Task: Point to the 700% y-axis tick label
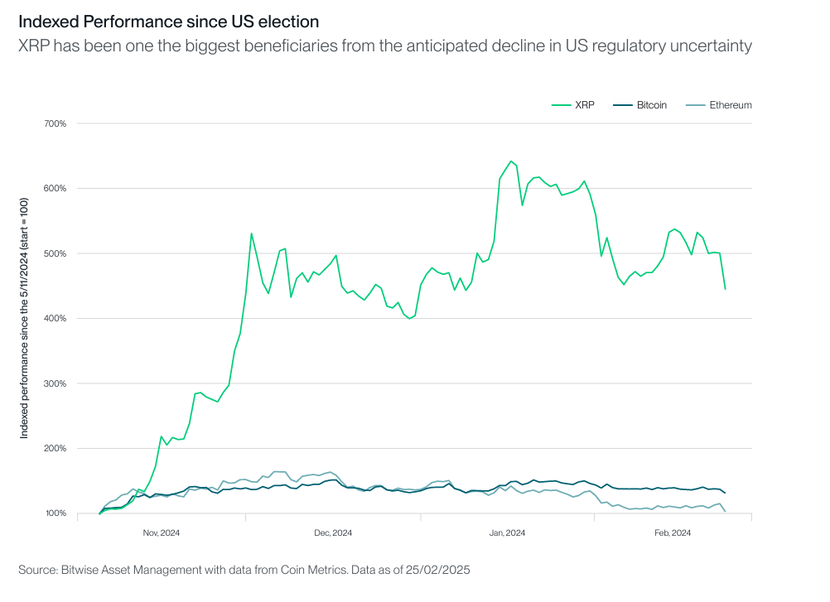[x=55, y=123]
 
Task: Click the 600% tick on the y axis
[x=55, y=188]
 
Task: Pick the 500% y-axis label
[x=55, y=253]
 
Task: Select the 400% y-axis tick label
[x=55, y=319]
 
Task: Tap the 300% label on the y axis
[x=55, y=383]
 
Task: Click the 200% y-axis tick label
[x=55, y=449]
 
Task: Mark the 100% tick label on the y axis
[x=55, y=513]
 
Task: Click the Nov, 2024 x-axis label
[x=162, y=532]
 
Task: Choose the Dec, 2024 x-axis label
[x=334, y=532]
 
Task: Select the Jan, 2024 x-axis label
[x=507, y=532]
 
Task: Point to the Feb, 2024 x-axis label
[x=673, y=532]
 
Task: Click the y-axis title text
[x=25, y=318]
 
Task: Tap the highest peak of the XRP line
[x=511, y=161]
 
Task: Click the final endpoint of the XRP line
[x=725, y=289]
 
